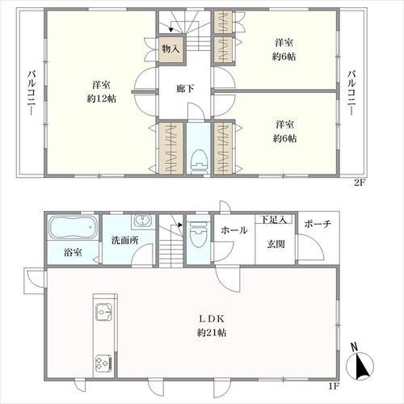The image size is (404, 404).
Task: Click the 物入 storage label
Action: click(x=170, y=49)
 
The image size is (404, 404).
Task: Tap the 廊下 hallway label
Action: click(x=185, y=89)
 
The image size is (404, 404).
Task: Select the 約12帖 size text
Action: click(x=101, y=99)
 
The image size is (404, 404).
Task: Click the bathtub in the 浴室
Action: click(x=73, y=227)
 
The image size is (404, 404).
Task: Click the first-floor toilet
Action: click(x=199, y=234)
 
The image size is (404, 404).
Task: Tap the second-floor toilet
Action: click(x=200, y=162)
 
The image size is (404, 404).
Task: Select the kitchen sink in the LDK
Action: click(x=103, y=312)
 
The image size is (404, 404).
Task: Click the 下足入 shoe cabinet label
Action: click(x=274, y=220)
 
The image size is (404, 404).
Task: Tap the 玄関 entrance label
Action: click(x=276, y=244)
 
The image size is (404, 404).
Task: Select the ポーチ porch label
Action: click(x=318, y=224)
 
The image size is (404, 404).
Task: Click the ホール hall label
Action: click(x=234, y=230)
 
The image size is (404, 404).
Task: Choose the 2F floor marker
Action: click(x=359, y=183)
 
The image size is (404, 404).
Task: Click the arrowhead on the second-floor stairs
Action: click(x=170, y=28)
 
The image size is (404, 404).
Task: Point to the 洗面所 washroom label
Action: click(x=125, y=240)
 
